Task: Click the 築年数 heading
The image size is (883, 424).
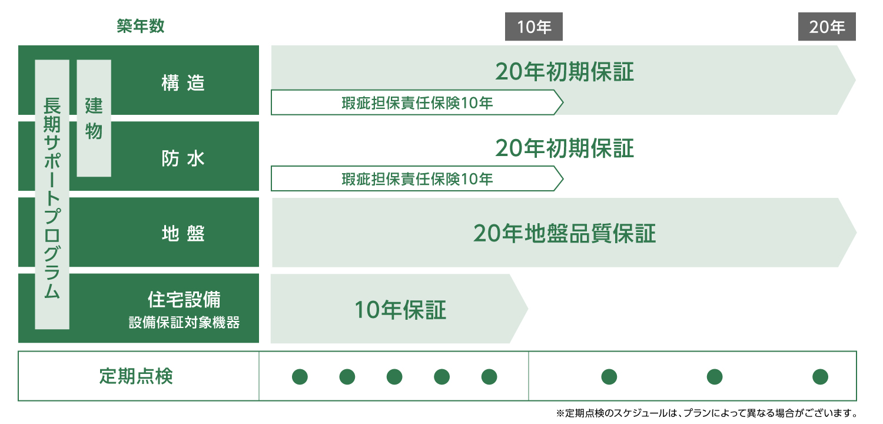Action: coord(140,26)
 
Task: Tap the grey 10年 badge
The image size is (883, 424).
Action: coord(534,26)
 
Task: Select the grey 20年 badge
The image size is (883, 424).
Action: coord(826,26)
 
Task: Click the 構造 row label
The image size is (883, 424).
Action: coord(183,83)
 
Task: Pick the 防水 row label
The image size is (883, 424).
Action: coord(183,158)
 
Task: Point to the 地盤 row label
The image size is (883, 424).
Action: coord(183,234)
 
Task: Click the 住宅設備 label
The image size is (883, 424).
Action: coord(184,299)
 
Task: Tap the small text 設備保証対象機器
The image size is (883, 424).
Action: coord(184,323)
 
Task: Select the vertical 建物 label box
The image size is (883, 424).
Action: coord(94,118)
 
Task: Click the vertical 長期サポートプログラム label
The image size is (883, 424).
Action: coord(52,194)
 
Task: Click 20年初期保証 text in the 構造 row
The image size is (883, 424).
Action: coord(565,72)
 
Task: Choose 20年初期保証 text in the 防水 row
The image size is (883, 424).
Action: coord(565,148)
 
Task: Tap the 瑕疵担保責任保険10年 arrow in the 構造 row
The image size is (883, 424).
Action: coord(417,102)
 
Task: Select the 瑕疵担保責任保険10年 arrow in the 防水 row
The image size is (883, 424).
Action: coord(417,178)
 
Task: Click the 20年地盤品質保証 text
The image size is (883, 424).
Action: coord(565,233)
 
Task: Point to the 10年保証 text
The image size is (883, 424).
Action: coord(400,310)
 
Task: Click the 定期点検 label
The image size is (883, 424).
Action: coord(136,376)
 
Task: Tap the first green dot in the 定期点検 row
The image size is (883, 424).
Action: coord(300,377)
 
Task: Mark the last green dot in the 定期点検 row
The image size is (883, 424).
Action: coord(821,377)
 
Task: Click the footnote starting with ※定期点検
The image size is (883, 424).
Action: coord(707,413)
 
